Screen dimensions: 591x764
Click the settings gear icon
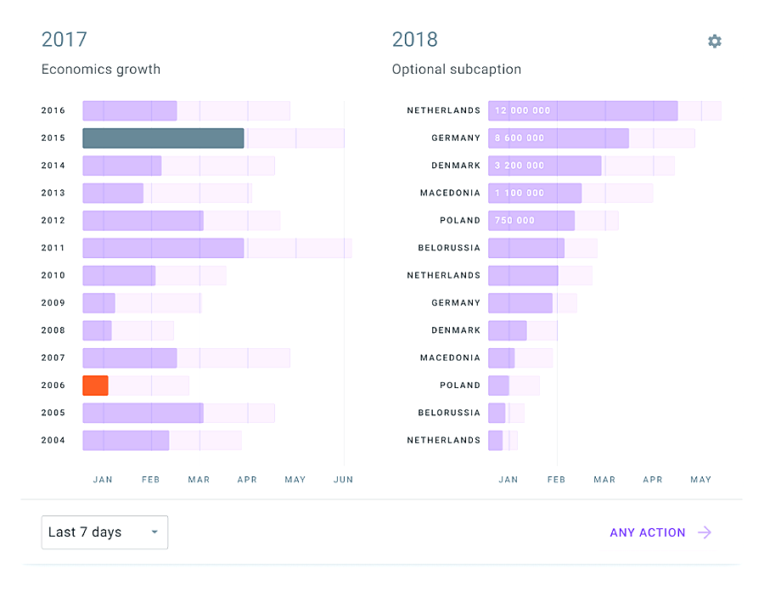(715, 41)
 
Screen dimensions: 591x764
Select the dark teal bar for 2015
(163, 138)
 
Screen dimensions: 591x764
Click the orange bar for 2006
(95, 386)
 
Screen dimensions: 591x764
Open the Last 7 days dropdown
(104, 532)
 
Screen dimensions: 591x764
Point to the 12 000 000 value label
(523, 110)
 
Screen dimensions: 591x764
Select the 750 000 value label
(515, 220)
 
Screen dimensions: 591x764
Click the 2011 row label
(53, 248)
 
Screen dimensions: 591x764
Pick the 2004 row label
(53, 440)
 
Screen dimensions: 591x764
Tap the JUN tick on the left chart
(344, 480)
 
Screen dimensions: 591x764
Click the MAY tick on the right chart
(701, 480)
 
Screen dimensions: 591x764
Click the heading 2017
(65, 39)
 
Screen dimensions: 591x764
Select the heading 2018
(415, 39)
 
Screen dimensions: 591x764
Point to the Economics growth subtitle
(101, 70)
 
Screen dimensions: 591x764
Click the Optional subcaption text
(457, 70)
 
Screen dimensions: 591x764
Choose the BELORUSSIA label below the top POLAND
(449, 248)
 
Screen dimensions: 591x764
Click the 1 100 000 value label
(520, 193)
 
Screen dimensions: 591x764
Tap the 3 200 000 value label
(520, 166)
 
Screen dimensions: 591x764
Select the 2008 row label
(53, 330)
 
